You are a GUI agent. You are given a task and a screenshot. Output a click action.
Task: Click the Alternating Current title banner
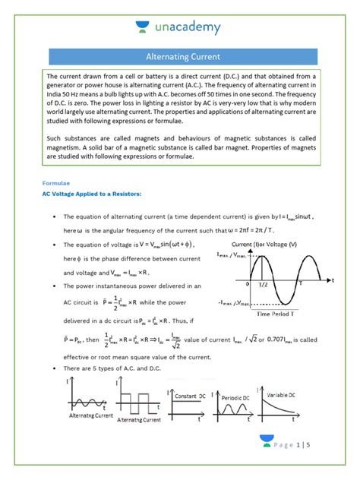182,56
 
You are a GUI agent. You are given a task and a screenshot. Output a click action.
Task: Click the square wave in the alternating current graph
140,404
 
